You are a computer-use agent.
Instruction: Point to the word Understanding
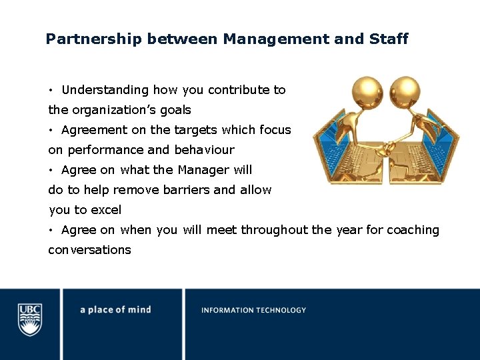coord(105,90)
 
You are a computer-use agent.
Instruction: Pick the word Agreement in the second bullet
coord(94,130)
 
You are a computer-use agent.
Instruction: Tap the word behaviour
coord(204,150)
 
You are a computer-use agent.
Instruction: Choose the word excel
coord(106,210)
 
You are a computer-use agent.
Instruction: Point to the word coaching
coord(413,230)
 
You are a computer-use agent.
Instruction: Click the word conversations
coord(89,250)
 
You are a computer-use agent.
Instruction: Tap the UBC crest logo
coord(30,319)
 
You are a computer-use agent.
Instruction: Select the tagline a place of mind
coord(115,310)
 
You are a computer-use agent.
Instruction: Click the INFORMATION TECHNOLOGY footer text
coord(253,310)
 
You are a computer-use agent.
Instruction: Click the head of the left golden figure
coord(369,89)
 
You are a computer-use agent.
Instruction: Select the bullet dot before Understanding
coord(51,91)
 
